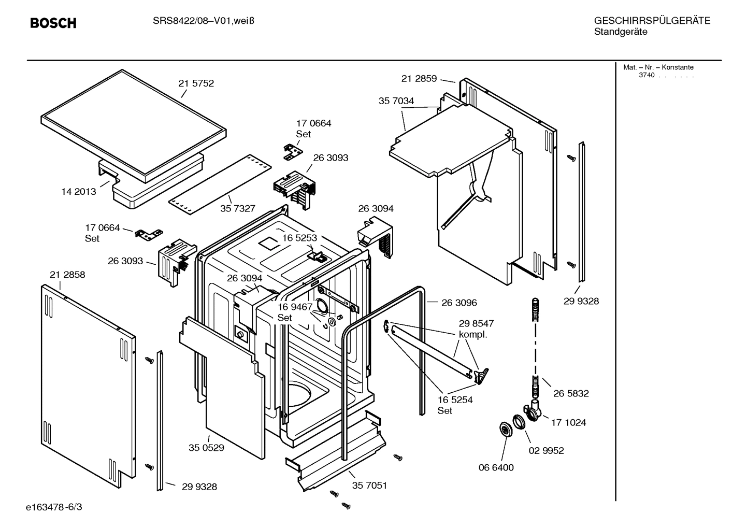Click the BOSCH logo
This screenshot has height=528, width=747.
pyautogui.click(x=53, y=23)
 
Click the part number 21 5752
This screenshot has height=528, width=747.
pyautogui.click(x=196, y=83)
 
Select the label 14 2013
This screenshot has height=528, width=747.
pyautogui.click(x=79, y=192)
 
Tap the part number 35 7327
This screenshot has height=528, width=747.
pyautogui.click(x=238, y=209)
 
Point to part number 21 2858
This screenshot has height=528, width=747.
pyautogui.click(x=67, y=275)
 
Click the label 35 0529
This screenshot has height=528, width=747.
pyautogui.click(x=206, y=448)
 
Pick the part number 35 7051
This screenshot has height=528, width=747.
pyautogui.click(x=369, y=486)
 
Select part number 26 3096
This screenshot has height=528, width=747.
pyautogui.click(x=459, y=303)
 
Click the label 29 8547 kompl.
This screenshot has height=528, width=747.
pyautogui.click(x=476, y=329)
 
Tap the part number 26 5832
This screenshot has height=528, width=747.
pyautogui.click(x=571, y=394)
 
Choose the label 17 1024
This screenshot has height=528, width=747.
pyautogui.click(x=568, y=423)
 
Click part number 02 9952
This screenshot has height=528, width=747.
pyautogui.click(x=546, y=451)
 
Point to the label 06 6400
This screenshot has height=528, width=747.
pyautogui.click(x=496, y=468)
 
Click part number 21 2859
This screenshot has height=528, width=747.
pyautogui.click(x=419, y=79)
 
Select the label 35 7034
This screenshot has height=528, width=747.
pyautogui.click(x=396, y=101)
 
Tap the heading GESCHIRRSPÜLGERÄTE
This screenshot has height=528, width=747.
pyautogui.click(x=652, y=21)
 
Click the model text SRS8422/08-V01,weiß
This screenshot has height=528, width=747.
pyautogui.click(x=203, y=21)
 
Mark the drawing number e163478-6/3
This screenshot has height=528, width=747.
pyautogui.click(x=53, y=506)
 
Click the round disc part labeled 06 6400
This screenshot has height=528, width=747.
pyautogui.click(x=504, y=429)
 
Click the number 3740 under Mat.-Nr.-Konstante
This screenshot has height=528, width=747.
pyautogui.click(x=647, y=75)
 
